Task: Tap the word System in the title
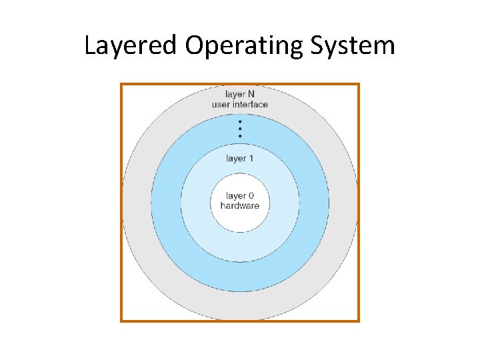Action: pos(357,47)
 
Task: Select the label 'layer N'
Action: pos(239,95)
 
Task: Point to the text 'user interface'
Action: pos(240,105)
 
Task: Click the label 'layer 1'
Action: pos(239,159)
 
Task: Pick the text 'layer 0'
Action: pos(239,196)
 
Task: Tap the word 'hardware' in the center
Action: pos(239,205)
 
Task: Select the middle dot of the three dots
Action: pos(240,129)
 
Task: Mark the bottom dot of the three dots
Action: pos(240,136)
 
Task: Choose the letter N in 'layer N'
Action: pos(251,95)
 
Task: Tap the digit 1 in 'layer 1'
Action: pos(251,159)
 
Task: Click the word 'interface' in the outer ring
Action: pos(251,105)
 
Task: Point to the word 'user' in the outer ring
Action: pos(221,105)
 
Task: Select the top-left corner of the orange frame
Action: pos(121,84)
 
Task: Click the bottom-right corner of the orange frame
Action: pos(359,321)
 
